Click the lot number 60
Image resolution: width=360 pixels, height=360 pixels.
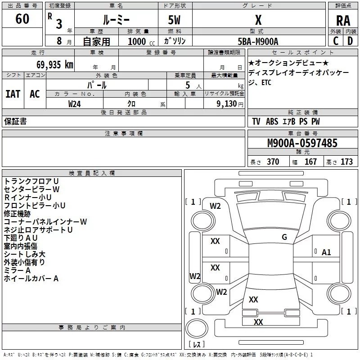(22, 18)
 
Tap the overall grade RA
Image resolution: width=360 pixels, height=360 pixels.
(343, 21)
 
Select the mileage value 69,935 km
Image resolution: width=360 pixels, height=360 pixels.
(55, 64)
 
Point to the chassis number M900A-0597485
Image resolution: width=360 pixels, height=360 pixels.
(302, 143)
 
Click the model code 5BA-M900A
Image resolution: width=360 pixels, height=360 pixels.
(258, 41)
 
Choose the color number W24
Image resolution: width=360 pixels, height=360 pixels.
(74, 104)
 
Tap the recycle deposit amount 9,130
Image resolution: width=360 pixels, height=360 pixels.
(227, 103)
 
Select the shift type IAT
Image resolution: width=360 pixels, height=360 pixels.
(13, 94)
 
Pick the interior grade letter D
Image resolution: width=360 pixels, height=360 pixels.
(350, 41)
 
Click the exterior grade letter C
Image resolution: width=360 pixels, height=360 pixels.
(336, 41)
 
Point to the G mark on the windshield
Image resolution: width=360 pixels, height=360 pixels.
(284, 237)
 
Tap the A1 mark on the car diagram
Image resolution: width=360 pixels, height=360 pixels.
(326, 252)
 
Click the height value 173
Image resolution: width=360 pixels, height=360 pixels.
(346, 162)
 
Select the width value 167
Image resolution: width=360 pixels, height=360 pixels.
(310, 162)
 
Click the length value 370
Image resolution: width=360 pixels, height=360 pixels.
(273, 162)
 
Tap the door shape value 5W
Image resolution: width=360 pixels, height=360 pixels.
(174, 20)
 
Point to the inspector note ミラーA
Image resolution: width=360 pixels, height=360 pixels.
(17, 270)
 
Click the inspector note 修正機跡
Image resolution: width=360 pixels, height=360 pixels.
(17, 214)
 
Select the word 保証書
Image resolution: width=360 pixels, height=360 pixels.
(15, 121)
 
